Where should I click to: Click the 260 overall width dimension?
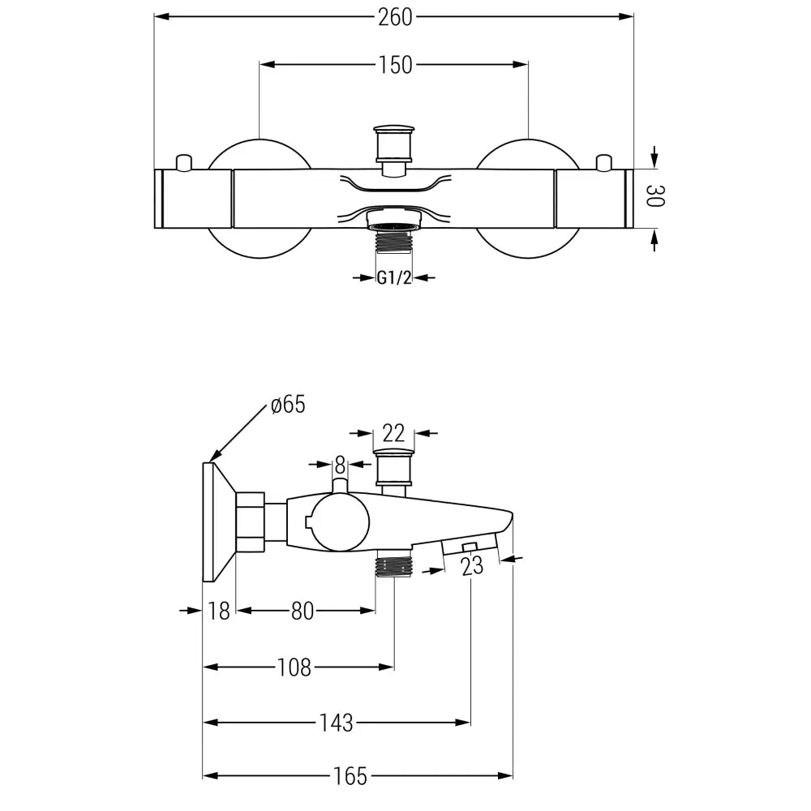click(395, 16)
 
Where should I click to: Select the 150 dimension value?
click(396, 65)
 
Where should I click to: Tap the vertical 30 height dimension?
click(654, 196)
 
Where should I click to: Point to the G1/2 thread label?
click(394, 277)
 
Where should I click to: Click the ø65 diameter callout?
click(289, 405)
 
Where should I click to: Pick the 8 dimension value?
click(340, 465)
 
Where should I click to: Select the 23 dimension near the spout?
click(472, 566)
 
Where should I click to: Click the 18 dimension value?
click(219, 611)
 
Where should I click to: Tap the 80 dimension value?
click(303, 611)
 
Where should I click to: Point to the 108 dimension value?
click(294, 667)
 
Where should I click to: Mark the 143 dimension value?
click(336, 722)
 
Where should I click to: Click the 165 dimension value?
click(350, 776)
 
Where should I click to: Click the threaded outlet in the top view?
click(393, 238)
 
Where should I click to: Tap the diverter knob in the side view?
click(394, 466)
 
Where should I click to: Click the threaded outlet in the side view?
click(394, 564)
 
